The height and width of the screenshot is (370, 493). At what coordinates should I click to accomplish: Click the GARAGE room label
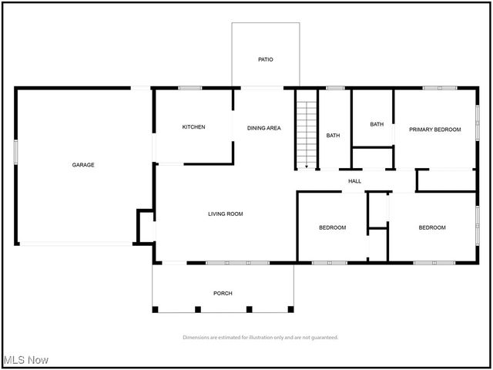tap(83, 164)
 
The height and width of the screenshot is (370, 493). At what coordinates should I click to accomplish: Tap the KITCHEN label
tap(193, 127)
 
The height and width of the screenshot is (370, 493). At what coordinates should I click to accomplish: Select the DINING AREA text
tap(263, 127)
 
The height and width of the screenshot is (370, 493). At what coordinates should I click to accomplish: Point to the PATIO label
tap(265, 59)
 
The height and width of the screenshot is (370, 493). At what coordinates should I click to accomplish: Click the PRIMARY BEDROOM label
tap(434, 129)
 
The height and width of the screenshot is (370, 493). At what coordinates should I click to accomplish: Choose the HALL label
tap(354, 181)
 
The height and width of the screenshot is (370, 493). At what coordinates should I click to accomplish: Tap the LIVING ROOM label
tap(225, 214)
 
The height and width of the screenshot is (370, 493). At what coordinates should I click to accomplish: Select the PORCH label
tap(223, 293)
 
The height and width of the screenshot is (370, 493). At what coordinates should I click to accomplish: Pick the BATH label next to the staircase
tap(333, 136)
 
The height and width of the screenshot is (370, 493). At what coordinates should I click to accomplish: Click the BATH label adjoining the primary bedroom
tap(377, 124)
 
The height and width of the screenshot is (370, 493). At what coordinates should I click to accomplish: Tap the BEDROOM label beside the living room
tap(333, 227)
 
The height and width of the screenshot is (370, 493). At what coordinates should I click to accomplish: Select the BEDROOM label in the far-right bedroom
tap(432, 227)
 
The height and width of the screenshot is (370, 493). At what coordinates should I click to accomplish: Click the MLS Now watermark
tap(26, 360)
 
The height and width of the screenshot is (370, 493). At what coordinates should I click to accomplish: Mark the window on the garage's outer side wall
tap(15, 150)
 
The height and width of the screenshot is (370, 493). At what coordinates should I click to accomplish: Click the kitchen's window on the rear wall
tap(189, 88)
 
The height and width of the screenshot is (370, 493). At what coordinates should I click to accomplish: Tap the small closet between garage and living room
tap(146, 226)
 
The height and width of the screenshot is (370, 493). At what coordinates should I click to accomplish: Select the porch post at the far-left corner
tap(156, 309)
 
